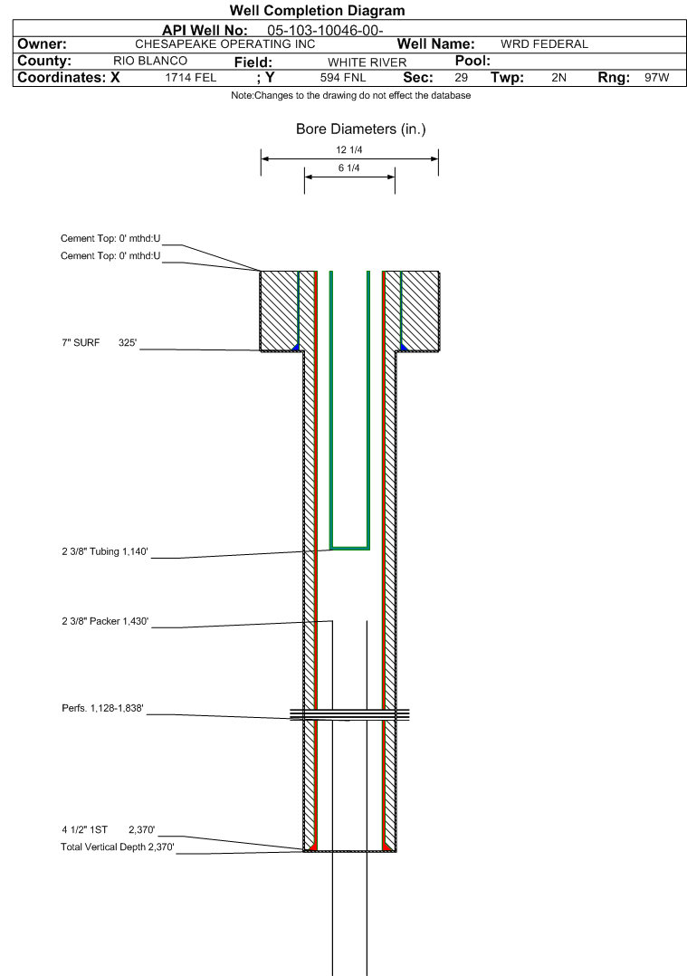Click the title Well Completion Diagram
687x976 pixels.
(x=318, y=11)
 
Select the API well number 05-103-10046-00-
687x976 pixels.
(x=325, y=31)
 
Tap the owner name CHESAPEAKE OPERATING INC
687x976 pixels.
(x=225, y=44)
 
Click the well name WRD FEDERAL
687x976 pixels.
(x=545, y=44)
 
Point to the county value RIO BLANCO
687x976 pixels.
(x=150, y=61)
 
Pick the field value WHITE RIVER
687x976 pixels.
(x=367, y=62)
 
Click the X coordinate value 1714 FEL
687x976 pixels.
(x=190, y=78)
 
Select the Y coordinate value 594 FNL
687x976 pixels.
(x=343, y=78)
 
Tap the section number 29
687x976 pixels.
(x=461, y=78)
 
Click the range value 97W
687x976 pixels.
(x=657, y=78)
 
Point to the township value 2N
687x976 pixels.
(x=558, y=78)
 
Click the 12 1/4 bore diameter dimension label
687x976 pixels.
(x=349, y=150)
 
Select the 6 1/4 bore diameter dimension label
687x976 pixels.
(x=349, y=168)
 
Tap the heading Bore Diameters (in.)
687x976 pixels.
(x=361, y=129)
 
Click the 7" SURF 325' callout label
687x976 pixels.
(x=99, y=343)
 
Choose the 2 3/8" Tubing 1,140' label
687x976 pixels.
(x=105, y=551)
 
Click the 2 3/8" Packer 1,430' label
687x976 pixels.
(x=105, y=621)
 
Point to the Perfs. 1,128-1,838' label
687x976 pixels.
(x=102, y=708)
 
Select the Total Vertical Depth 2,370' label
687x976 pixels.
(x=117, y=847)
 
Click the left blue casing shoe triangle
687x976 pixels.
(x=297, y=347)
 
